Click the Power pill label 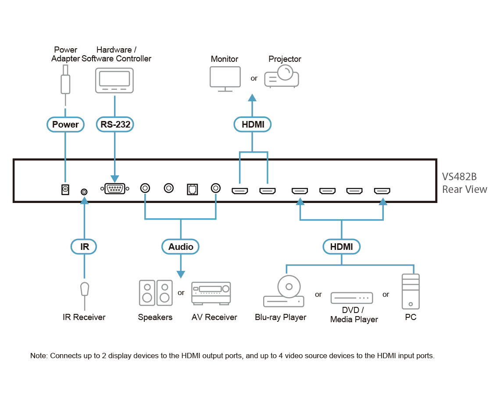pyautogui.click(x=65, y=125)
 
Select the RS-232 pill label pyautogui.click(x=115, y=125)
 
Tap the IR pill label pyautogui.click(x=83, y=246)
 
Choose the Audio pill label pyautogui.click(x=181, y=246)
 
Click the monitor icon pyautogui.click(x=225, y=79)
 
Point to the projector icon pyautogui.click(x=282, y=76)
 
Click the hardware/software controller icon pyautogui.click(x=114, y=80)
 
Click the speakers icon pyautogui.click(x=156, y=293)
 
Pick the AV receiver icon pyautogui.click(x=211, y=293)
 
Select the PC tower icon pyautogui.click(x=411, y=292)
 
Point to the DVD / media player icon pyautogui.click(x=352, y=298)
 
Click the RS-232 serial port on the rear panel pyautogui.click(x=114, y=189)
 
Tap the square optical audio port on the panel pyautogui.click(x=192, y=189)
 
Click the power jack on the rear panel pyautogui.click(x=65, y=190)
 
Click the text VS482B pyautogui.click(x=459, y=177)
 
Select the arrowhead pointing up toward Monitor pyautogui.click(x=252, y=97)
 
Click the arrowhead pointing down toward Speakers pyautogui.click(x=181, y=274)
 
